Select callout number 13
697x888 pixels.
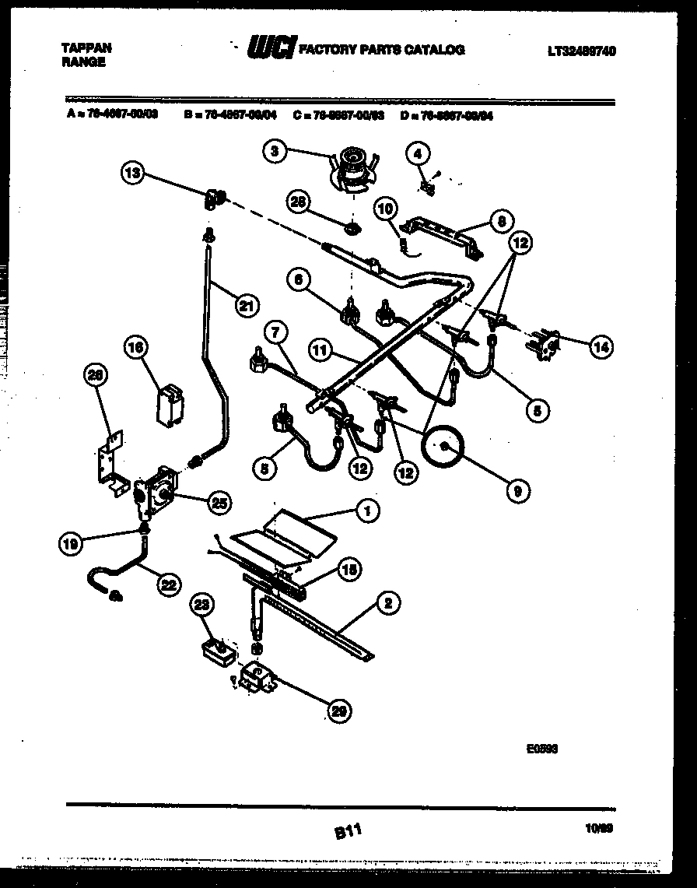coord(133,173)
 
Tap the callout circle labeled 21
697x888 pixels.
coord(247,306)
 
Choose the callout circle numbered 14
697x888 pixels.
coord(601,348)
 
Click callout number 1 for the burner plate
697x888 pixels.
coord(366,511)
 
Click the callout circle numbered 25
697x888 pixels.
coord(219,503)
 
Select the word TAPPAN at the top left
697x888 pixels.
coord(86,48)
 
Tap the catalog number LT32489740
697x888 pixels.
coord(581,51)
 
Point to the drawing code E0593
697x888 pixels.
coord(542,749)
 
